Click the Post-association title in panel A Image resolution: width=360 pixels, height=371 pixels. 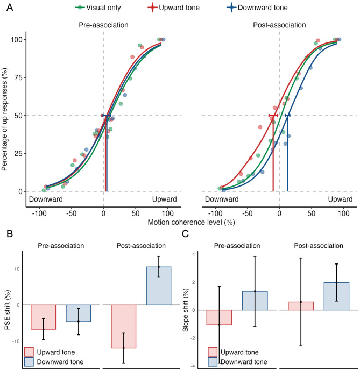[x=279, y=25]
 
